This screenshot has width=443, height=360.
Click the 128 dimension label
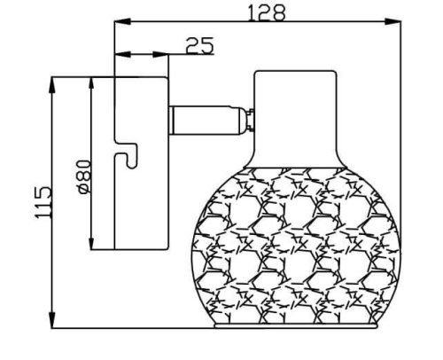267,13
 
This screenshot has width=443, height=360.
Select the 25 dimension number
199,45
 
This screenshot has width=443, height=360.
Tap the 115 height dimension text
43,203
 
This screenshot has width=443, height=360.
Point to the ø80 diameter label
82,176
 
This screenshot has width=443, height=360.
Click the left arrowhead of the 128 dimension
122,21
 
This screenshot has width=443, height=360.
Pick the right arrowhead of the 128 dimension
392,21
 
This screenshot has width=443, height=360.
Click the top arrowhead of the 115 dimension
52,84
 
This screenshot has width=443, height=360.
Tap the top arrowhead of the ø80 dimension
91,85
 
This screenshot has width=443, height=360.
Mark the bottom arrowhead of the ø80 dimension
91,241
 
